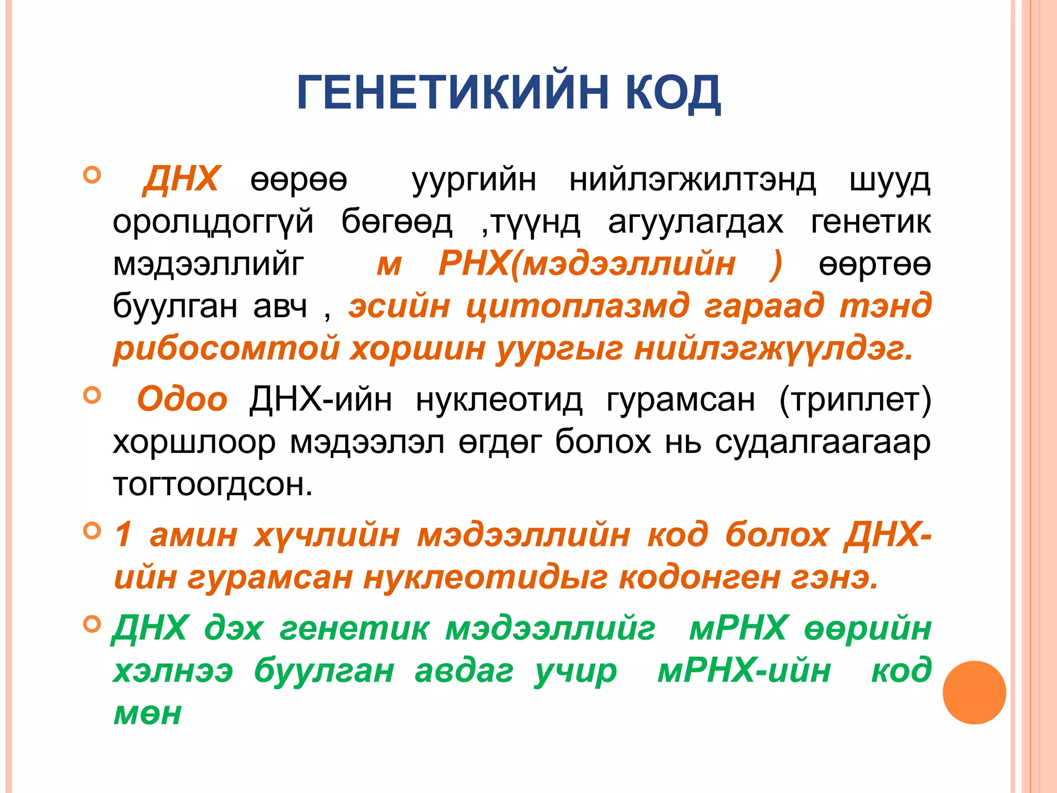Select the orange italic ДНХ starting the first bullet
[181, 179]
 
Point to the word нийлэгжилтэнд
[692, 180]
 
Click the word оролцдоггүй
[213, 223]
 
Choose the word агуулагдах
[695, 223]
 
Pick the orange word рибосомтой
[227, 348]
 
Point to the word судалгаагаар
[823, 442]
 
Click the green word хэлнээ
[173, 671]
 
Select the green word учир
[575, 671]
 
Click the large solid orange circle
[974, 692]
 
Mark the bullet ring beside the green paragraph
[92, 625]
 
